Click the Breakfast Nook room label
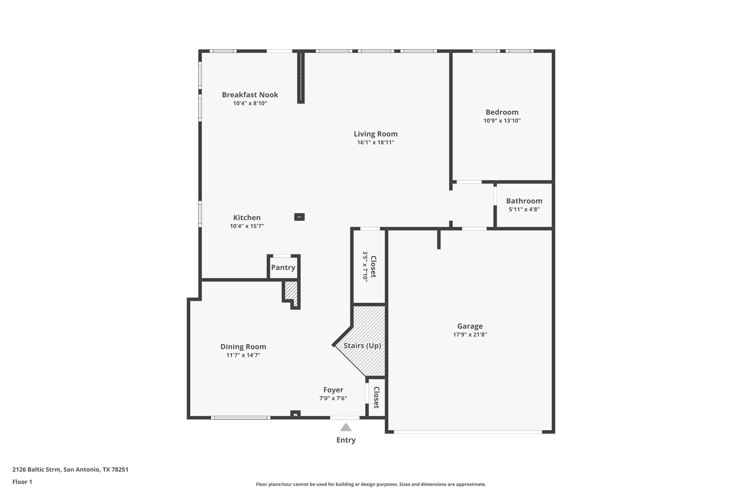pyautogui.click(x=250, y=95)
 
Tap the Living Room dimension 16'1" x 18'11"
pyautogui.click(x=375, y=143)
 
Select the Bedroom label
pyautogui.click(x=502, y=112)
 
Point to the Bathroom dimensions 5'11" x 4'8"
pyautogui.click(x=524, y=210)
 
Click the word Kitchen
pyautogui.click(x=247, y=218)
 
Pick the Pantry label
pyautogui.click(x=283, y=267)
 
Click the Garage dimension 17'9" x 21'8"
pyautogui.click(x=470, y=335)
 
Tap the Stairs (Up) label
pyautogui.click(x=362, y=346)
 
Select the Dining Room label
pyautogui.click(x=243, y=347)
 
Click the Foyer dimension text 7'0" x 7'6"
pyautogui.click(x=333, y=398)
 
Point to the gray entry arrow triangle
pyautogui.click(x=346, y=428)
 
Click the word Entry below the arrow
pyautogui.click(x=346, y=440)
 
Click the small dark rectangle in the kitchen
pyautogui.click(x=299, y=217)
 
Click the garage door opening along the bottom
pyautogui.click(x=468, y=432)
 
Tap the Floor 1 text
pyautogui.click(x=22, y=482)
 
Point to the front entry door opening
pyautogui.click(x=345, y=418)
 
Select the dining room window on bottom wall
pyautogui.click(x=241, y=418)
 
